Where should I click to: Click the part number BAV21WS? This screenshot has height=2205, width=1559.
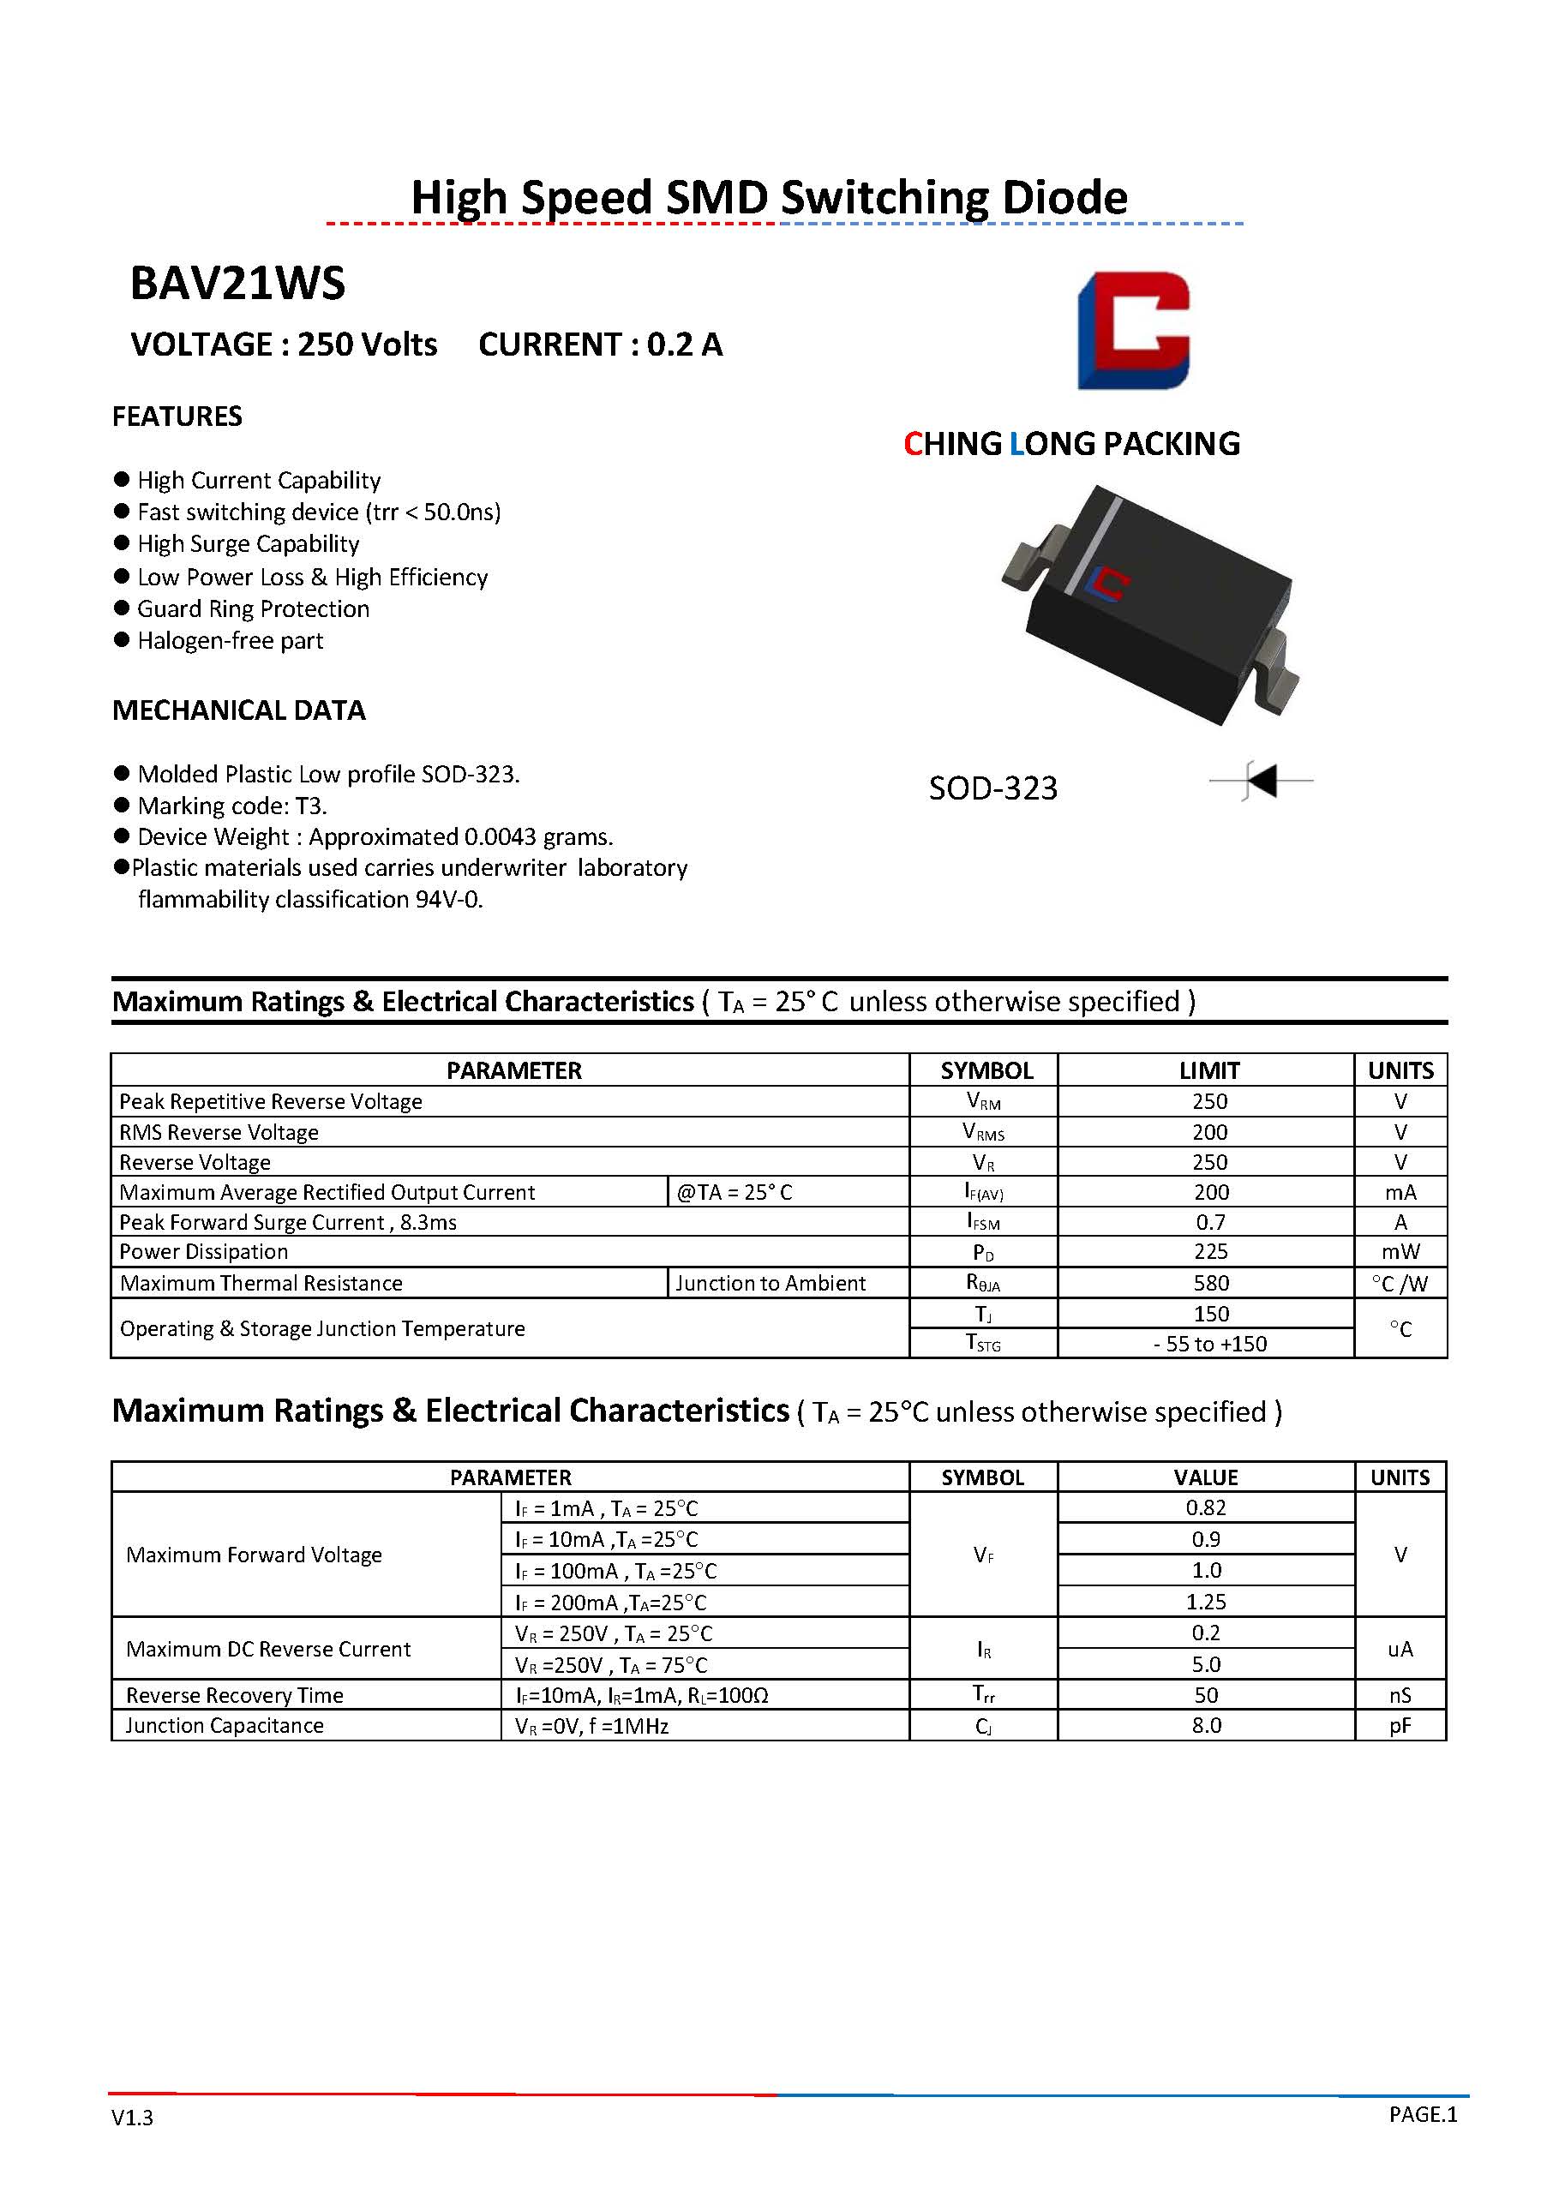237,284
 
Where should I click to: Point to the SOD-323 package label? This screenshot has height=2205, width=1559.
992,788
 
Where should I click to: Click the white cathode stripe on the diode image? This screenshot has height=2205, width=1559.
1094,543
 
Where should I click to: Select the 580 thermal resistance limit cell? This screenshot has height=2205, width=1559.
1210,1283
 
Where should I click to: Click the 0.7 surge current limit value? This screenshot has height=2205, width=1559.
1210,1223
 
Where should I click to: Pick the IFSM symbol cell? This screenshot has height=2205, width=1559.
983,1223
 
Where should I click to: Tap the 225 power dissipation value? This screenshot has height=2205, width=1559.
1210,1252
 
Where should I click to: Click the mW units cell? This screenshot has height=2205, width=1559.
1400,1252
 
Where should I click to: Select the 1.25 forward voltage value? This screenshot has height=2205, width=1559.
1206,1602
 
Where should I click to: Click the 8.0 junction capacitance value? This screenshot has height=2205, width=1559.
1206,1726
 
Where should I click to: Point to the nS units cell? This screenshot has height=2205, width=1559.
1400,1695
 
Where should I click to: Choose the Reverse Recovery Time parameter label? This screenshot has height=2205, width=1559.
234,1695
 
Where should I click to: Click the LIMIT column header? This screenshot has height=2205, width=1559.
1208,1071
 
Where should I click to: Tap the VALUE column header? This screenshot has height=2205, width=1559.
1206,1477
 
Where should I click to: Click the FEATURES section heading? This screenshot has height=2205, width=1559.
177,416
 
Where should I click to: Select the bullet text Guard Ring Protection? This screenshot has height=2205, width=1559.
253,608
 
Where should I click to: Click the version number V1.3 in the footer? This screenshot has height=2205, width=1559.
132,2118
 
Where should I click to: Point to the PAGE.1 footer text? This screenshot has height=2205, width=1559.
1423,2114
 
